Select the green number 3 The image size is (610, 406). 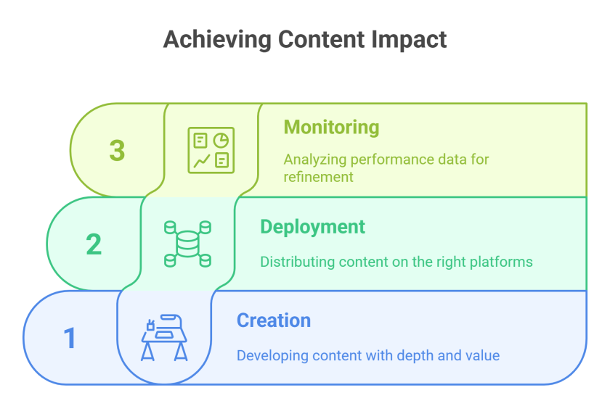117,151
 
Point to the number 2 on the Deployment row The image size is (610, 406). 94,244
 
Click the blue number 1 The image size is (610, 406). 70,338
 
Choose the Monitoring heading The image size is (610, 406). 331,128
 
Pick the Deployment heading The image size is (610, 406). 312,227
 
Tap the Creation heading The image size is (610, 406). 274,320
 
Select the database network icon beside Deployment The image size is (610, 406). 187,243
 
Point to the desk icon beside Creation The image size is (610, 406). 164,337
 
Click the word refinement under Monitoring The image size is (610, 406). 318,177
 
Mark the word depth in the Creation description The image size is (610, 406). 414,355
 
